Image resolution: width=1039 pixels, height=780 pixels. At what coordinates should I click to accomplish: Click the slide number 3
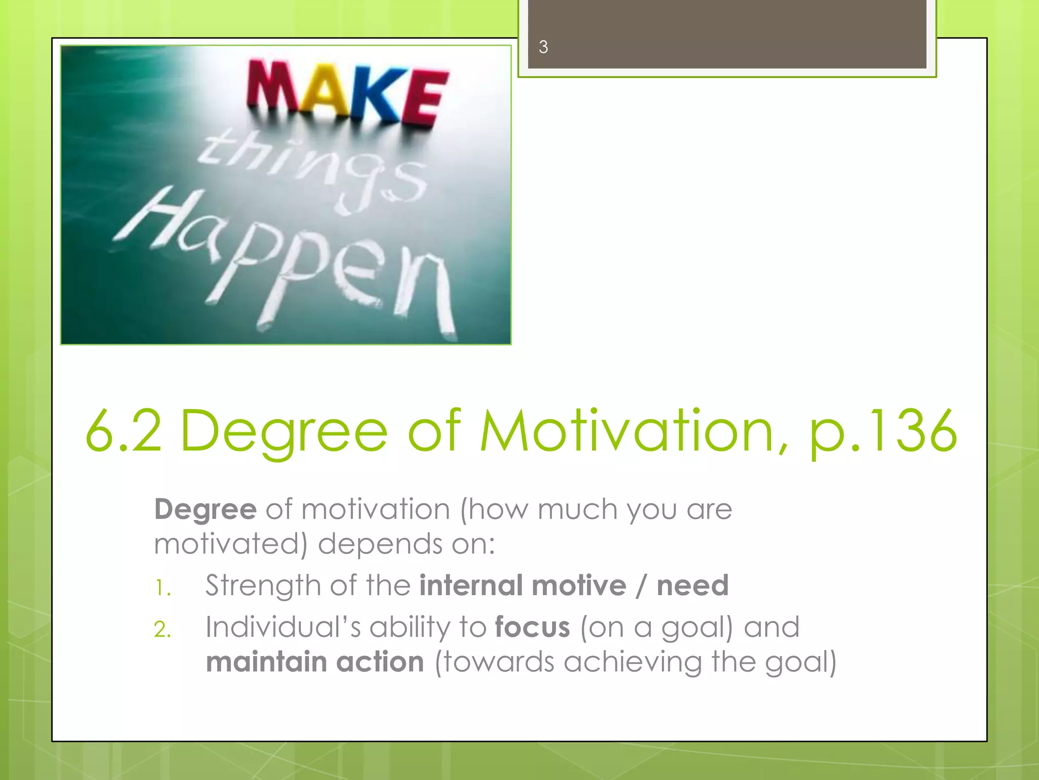543,47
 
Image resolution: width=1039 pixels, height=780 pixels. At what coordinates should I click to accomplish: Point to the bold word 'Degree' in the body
205,509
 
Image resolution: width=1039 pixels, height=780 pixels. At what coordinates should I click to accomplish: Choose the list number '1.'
162,588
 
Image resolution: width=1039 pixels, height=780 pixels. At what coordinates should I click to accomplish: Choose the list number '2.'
162,630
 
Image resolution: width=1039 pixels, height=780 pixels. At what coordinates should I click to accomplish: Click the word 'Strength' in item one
264,586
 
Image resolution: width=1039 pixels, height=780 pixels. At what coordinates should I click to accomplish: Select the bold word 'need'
692,586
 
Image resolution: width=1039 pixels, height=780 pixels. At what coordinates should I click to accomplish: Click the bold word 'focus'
532,627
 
